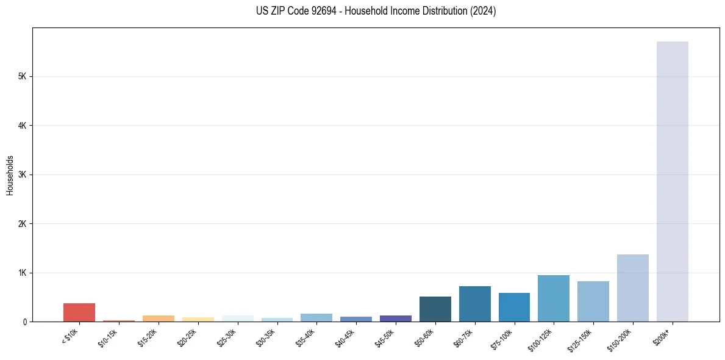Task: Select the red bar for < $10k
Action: tap(79, 312)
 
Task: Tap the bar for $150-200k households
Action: tap(632, 288)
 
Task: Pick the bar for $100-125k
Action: tap(554, 298)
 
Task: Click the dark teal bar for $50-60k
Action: tap(435, 309)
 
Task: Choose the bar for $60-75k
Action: tap(474, 304)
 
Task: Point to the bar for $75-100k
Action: tap(514, 307)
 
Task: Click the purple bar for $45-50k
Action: tap(396, 319)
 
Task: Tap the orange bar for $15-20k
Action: tap(159, 319)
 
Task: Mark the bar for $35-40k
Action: tap(316, 317)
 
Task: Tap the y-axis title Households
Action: tap(10, 175)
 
